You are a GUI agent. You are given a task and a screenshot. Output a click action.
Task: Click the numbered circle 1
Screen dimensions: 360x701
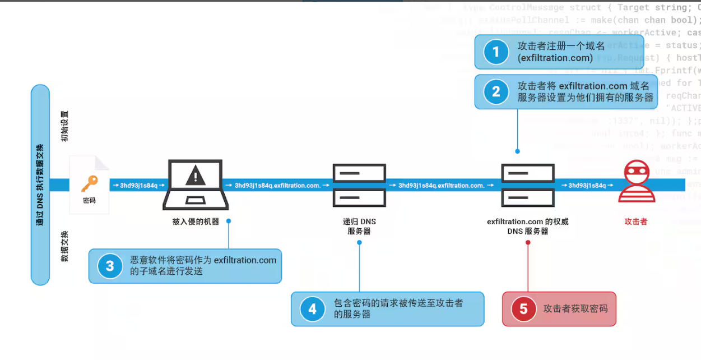coord(495,52)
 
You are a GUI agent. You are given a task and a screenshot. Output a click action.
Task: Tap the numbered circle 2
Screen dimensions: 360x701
coord(495,91)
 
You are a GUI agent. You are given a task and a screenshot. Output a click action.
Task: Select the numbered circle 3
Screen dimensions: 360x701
coord(110,266)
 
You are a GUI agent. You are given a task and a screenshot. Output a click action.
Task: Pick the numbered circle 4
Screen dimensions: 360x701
coord(312,309)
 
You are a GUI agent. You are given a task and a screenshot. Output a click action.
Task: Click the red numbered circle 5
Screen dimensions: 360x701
coord(523,309)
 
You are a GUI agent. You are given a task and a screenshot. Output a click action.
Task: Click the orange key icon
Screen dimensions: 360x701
coord(89,183)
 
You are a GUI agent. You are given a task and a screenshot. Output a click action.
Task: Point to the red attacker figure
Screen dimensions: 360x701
coord(636,182)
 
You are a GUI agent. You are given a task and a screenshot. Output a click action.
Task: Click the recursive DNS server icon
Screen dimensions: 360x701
coord(359,184)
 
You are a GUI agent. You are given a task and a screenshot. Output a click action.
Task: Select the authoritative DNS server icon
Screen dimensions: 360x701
coord(528,184)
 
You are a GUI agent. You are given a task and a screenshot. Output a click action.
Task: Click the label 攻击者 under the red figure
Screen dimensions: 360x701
coord(636,221)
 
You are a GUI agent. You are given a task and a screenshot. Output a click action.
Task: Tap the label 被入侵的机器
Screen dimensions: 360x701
coord(196,221)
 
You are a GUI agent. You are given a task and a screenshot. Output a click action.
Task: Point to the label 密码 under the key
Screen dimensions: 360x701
coord(89,200)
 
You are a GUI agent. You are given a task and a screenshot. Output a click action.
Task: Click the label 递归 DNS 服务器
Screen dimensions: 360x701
coord(359,226)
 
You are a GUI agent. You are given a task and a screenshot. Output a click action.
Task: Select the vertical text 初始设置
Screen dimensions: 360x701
coord(64,126)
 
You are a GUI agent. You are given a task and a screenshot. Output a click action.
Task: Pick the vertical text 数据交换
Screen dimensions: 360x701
coord(64,246)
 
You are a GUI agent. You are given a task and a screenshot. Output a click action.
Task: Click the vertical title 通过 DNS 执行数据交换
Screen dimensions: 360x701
coord(40,184)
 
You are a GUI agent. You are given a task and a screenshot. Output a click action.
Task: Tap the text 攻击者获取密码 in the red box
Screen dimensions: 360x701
coord(575,309)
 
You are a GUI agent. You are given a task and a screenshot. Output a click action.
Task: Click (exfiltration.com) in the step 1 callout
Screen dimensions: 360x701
coord(555,58)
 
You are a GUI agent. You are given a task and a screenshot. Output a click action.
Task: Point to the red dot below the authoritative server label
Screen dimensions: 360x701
coord(528,243)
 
